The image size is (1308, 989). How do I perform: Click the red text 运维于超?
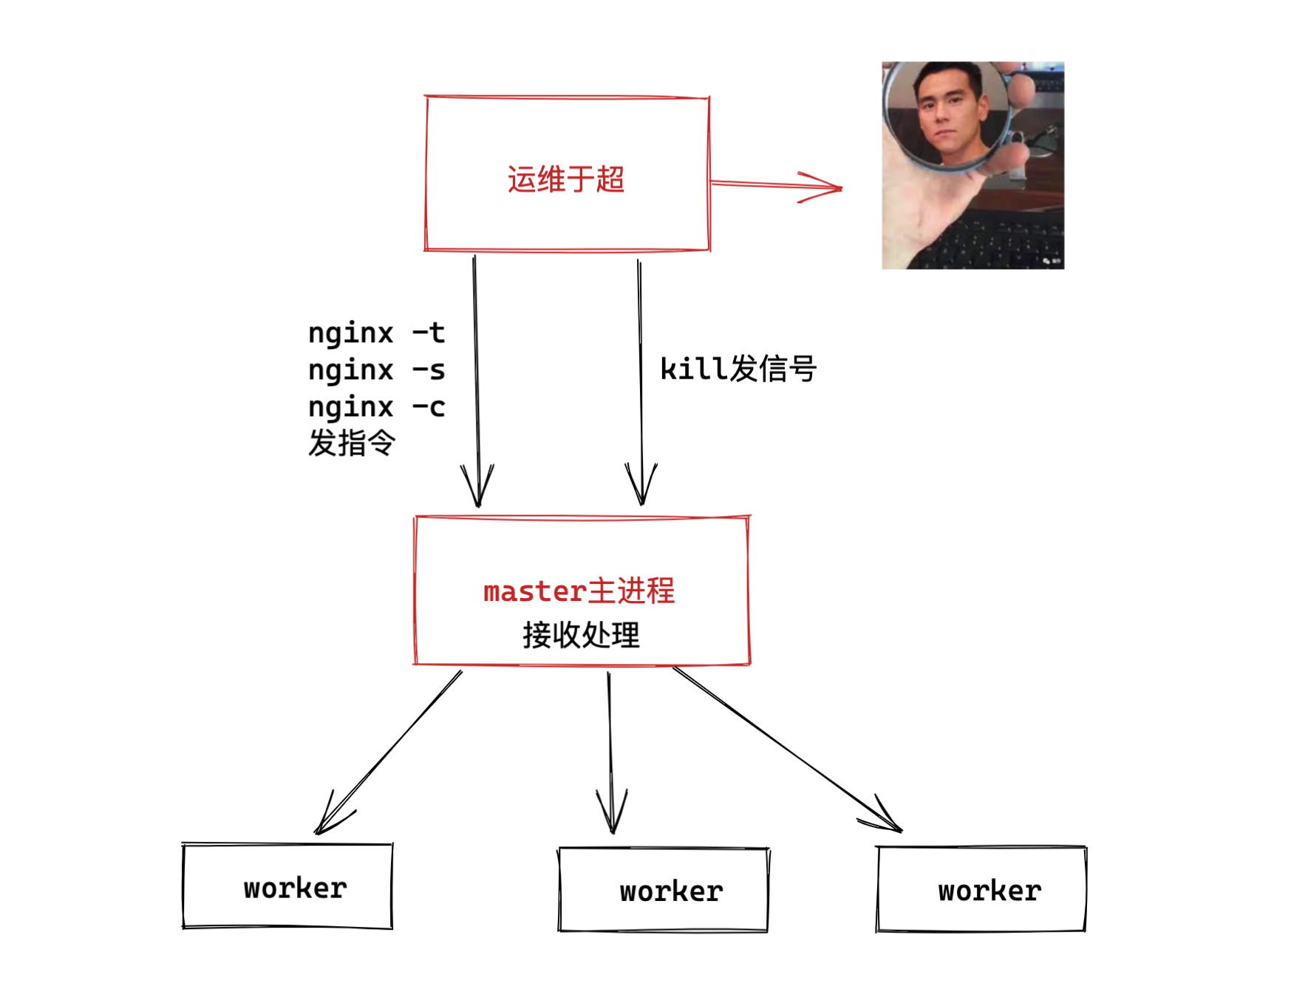[x=566, y=180]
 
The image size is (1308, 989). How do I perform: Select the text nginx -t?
[x=376, y=333]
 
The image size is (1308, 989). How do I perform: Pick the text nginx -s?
[x=376, y=370]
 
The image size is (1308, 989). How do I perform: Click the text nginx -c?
[x=376, y=407]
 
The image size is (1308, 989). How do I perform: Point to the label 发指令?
[x=352, y=443]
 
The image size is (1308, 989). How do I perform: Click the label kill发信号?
[x=738, y=368]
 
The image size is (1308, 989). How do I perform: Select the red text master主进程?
[x=579, y=591]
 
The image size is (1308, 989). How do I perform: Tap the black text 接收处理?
[x=581, y=635]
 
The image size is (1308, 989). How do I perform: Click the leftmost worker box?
[x=287, y=886]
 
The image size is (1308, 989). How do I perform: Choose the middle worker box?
[x=664, y=890]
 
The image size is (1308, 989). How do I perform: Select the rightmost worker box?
[x=981, y=889]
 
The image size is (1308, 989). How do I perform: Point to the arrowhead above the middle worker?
[x=612, y=817]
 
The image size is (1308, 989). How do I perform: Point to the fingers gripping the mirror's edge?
[x=1020, y=89]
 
